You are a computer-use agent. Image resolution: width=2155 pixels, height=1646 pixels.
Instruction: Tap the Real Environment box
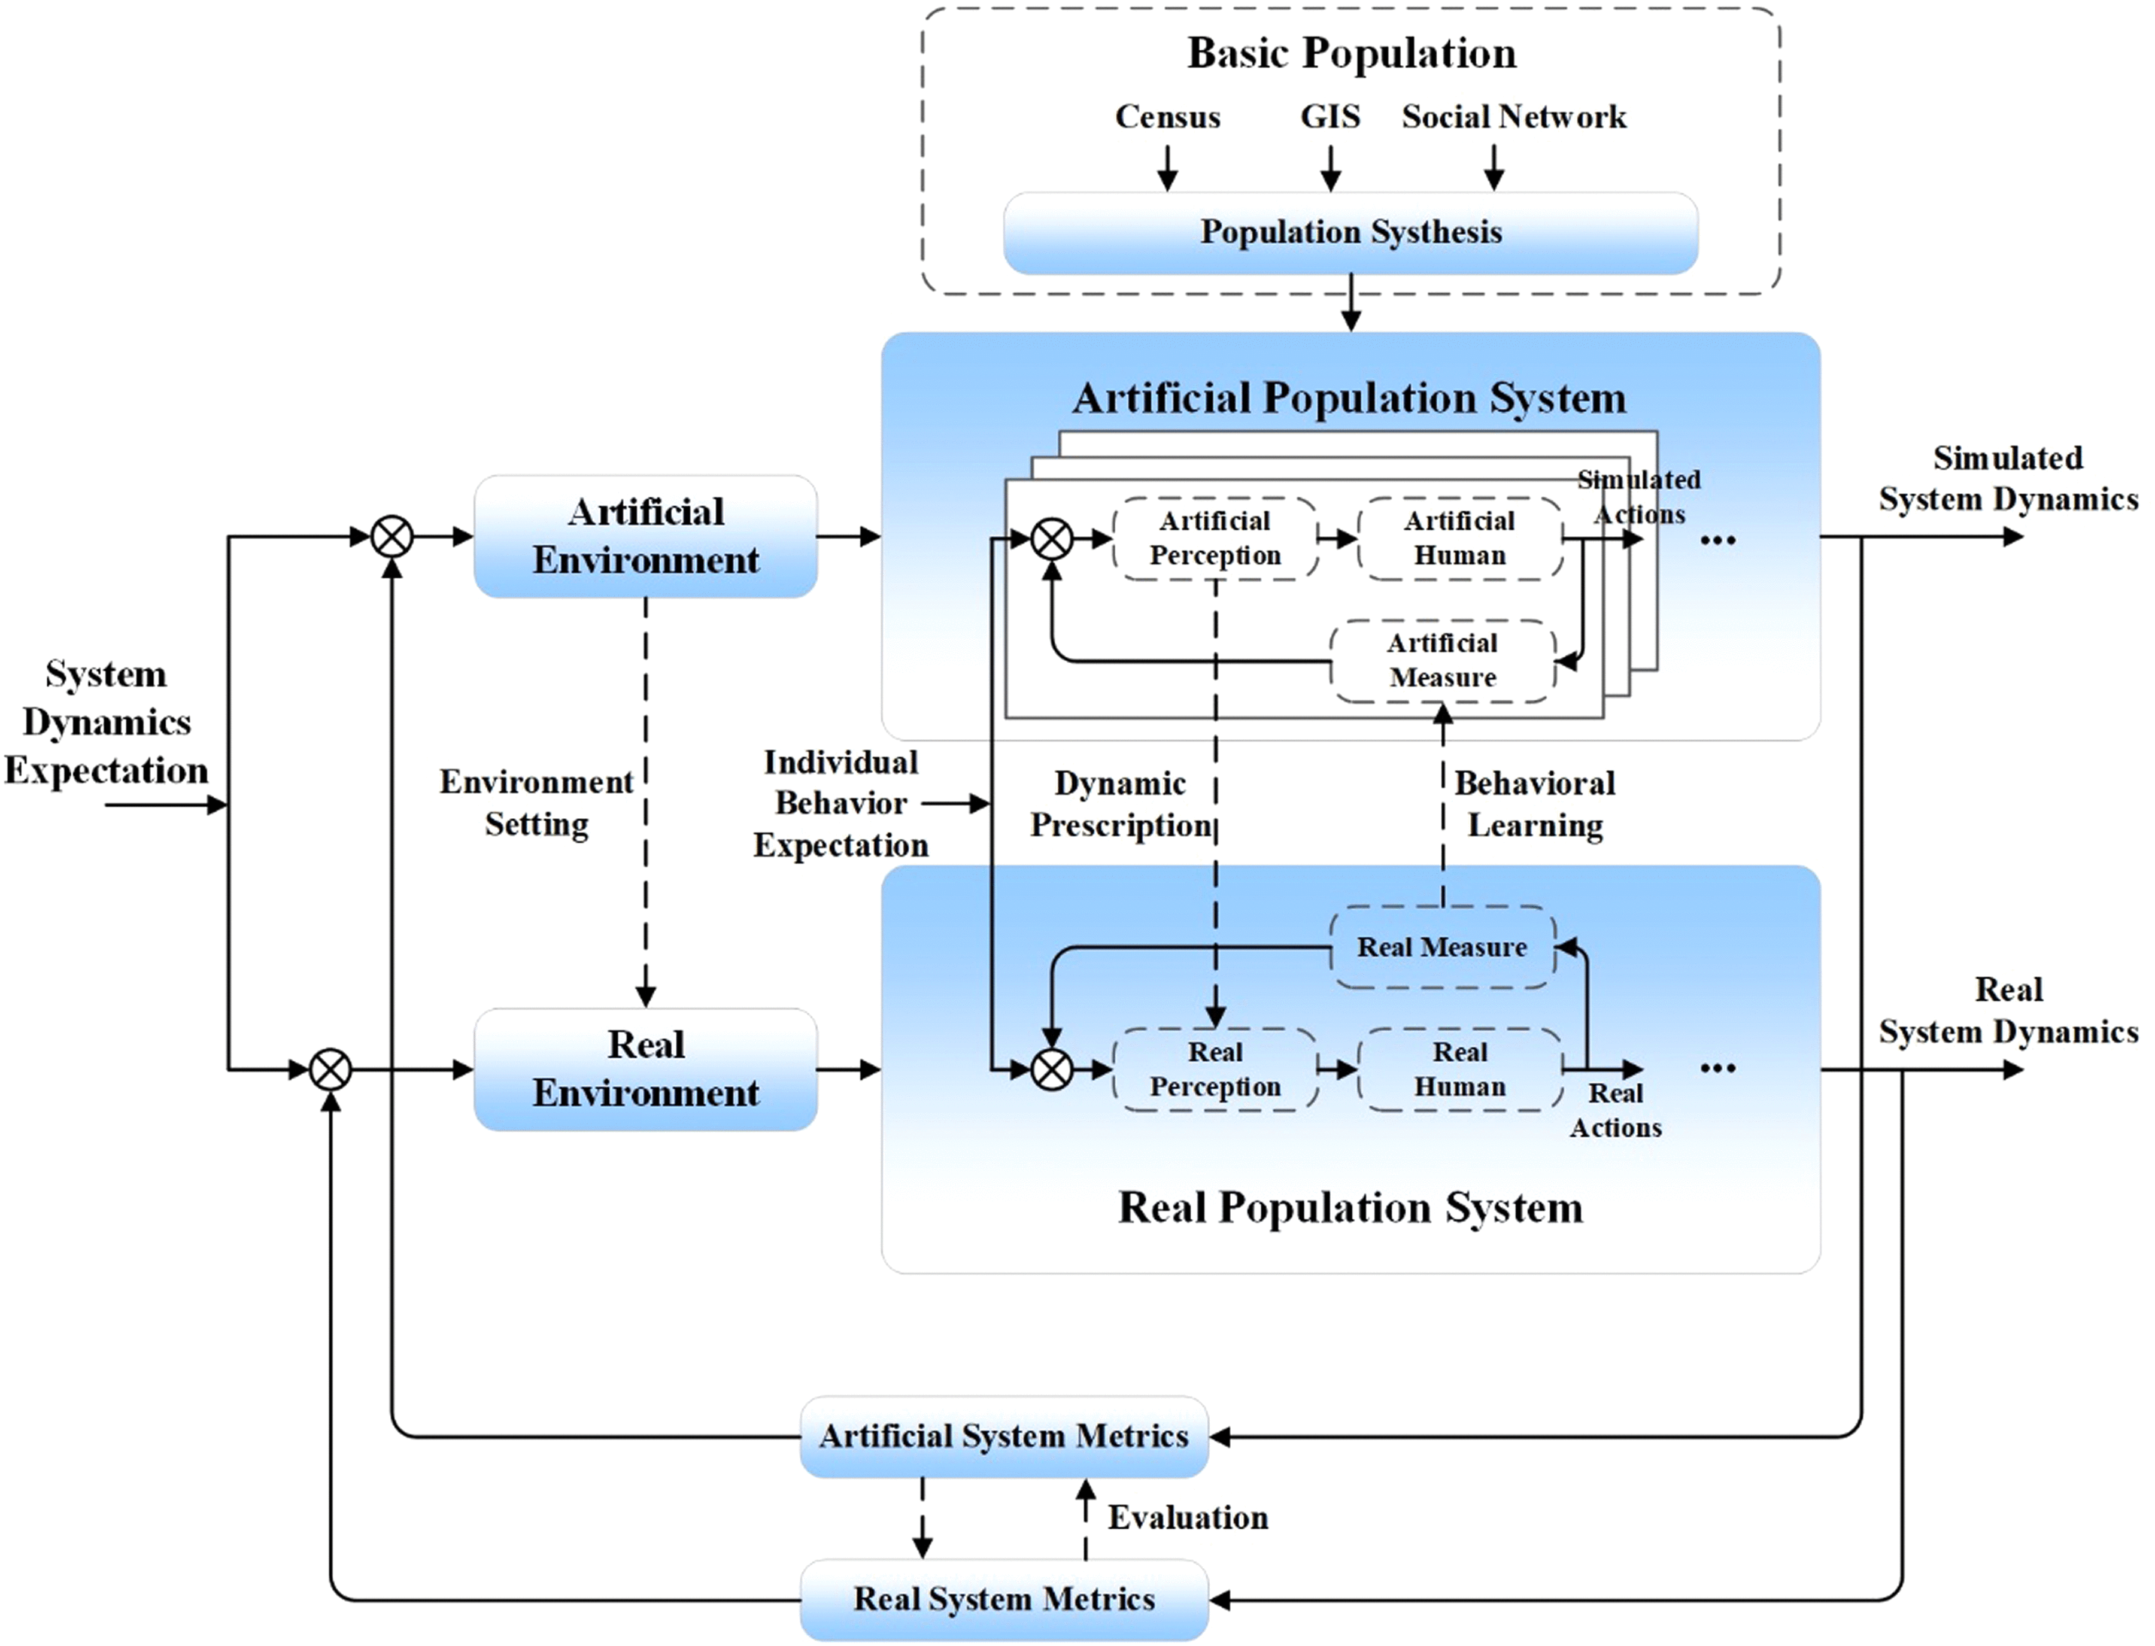pyautogui.click(x=646, y=1069)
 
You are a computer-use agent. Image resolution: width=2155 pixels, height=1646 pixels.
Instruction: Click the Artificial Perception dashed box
pyautogui.click(x=1215, y=538)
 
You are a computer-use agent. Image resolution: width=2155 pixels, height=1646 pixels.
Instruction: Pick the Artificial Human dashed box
pyautogui.click(x=1459, y=538)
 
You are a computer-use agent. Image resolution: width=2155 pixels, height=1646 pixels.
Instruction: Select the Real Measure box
pyautogui.click(x=1443, y=947)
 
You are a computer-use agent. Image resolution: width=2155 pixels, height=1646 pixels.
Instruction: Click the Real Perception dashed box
pyautogui.click(x=1215, y=1069)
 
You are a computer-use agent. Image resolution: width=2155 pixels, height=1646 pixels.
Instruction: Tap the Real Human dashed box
pyautogui.click(x=1459, y=1069)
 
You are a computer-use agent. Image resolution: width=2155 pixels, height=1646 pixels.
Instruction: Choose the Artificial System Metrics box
pyautogui.click(x=1003, y=1437)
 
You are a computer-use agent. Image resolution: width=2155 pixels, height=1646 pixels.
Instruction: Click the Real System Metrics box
pyautogui.click(x=1003, y=1599)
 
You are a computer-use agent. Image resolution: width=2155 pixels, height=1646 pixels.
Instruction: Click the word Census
pyautogui.click(x=1167, y=117)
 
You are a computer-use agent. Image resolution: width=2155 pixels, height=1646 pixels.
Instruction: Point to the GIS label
pyautogui.click(x=1330, y=117)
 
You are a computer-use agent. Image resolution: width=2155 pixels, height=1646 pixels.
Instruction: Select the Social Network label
pyautogui.click(x=1513, y=117)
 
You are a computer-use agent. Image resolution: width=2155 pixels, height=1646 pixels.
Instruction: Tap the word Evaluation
pyautogui.click(x=1188, y=1518)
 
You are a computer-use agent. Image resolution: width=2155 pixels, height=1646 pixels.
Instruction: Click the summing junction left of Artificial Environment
pyautogui.click(x=392, y=537)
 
